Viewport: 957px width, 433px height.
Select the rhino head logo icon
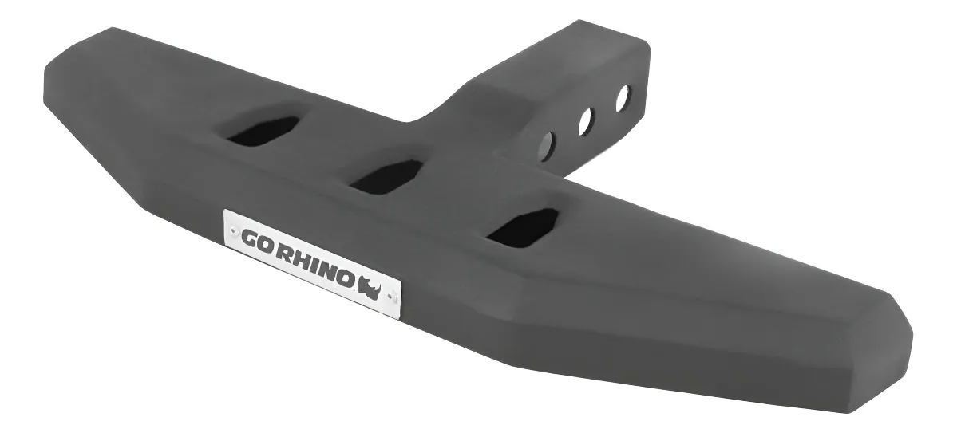[x=373, y=285]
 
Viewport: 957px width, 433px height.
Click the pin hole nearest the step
[x=547, y=146]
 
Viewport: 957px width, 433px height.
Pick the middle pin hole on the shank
[x=586, y=120]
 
